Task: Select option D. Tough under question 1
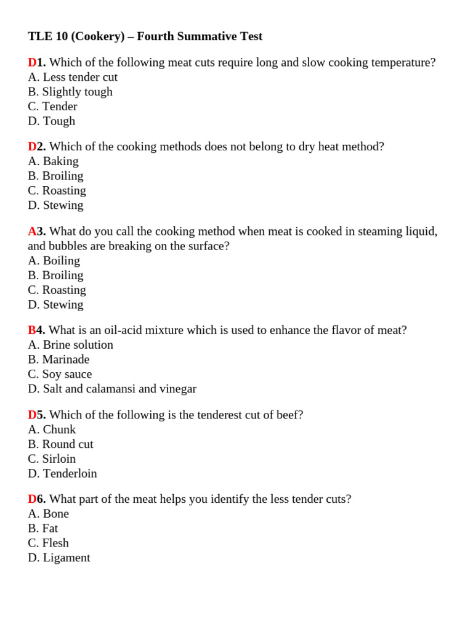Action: click(52, 121)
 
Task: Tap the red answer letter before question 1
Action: click(32, 62)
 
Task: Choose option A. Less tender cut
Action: click(73, 77)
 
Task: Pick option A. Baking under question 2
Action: click(53, 161)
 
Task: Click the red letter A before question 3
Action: click(32, 231)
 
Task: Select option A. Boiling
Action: click(54, 260)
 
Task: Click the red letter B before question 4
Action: click(32, 330)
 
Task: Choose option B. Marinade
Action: click(59, 359)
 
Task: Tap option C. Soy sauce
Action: click(60, 374)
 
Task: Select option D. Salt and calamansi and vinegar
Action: click(112, 389)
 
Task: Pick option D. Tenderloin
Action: click(62, 473)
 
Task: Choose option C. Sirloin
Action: click(52, 458)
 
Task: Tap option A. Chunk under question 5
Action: click(52, 429)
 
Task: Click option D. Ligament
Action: click(59, 558)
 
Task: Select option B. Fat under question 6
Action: click(42, 528)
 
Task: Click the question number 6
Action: click(41, 499)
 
